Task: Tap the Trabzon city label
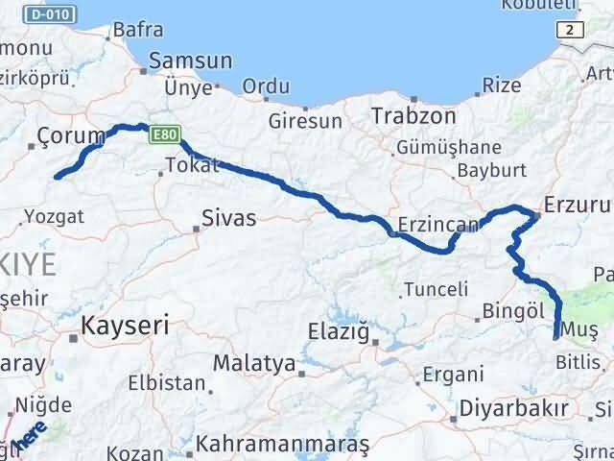point(413,115)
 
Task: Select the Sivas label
point(229,218)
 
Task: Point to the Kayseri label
point(126,325)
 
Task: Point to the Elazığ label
point(338,332)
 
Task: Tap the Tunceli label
point(436,289)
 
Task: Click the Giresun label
point(305,122)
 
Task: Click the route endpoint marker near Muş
point(556,335)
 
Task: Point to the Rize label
point(502,85)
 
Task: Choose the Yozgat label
point(54,215)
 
